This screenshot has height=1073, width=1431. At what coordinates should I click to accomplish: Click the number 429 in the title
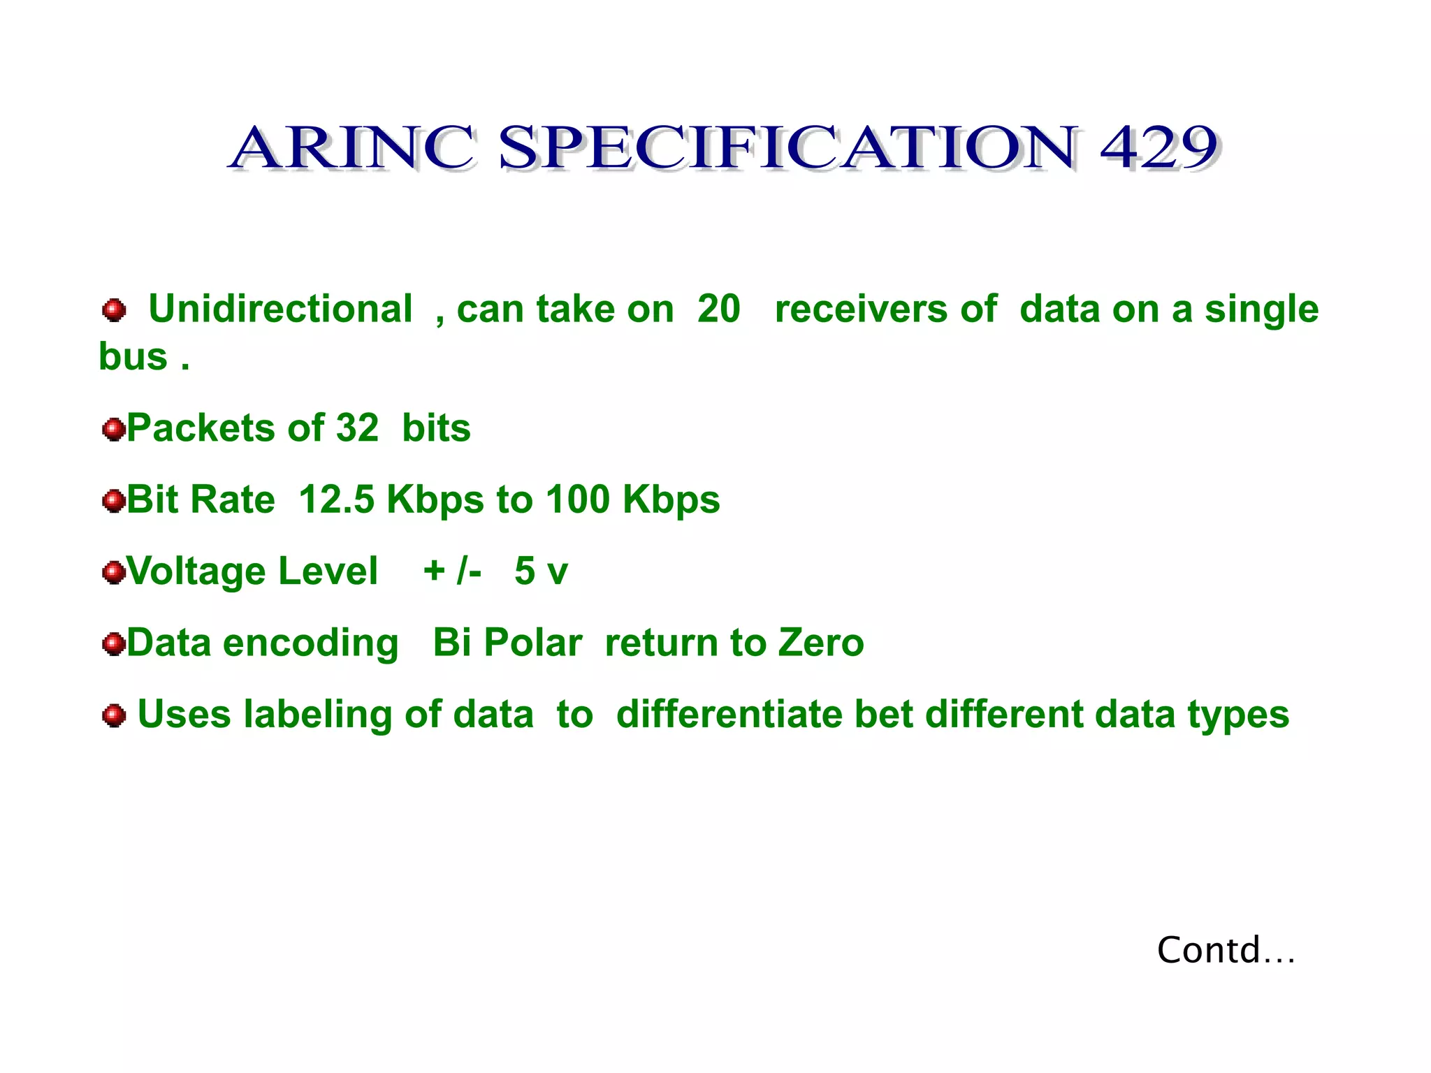point(1159,147)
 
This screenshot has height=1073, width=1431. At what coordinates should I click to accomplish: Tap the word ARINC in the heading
point(353,147)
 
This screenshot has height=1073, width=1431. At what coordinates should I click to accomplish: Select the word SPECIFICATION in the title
point(787,147)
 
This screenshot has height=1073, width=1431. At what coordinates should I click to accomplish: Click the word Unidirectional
point(280,309)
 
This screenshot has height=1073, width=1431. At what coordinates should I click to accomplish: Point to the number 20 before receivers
point(718,309)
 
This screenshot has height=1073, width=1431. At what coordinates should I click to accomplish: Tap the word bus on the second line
point(133,357)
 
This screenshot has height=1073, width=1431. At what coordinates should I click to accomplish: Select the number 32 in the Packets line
point(357,428)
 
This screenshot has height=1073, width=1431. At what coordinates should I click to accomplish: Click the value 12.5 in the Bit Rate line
point(336,499)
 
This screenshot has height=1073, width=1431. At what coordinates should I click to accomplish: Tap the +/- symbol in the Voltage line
point(452,571)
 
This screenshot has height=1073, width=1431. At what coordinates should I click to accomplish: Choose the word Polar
point(532,643)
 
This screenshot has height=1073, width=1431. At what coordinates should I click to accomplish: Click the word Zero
point(821,643)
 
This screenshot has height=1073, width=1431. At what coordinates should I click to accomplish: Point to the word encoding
point(310,644)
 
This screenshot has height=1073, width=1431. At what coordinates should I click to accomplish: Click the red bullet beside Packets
point(113,429)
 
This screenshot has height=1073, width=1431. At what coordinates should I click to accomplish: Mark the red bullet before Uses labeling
point(113,715)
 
